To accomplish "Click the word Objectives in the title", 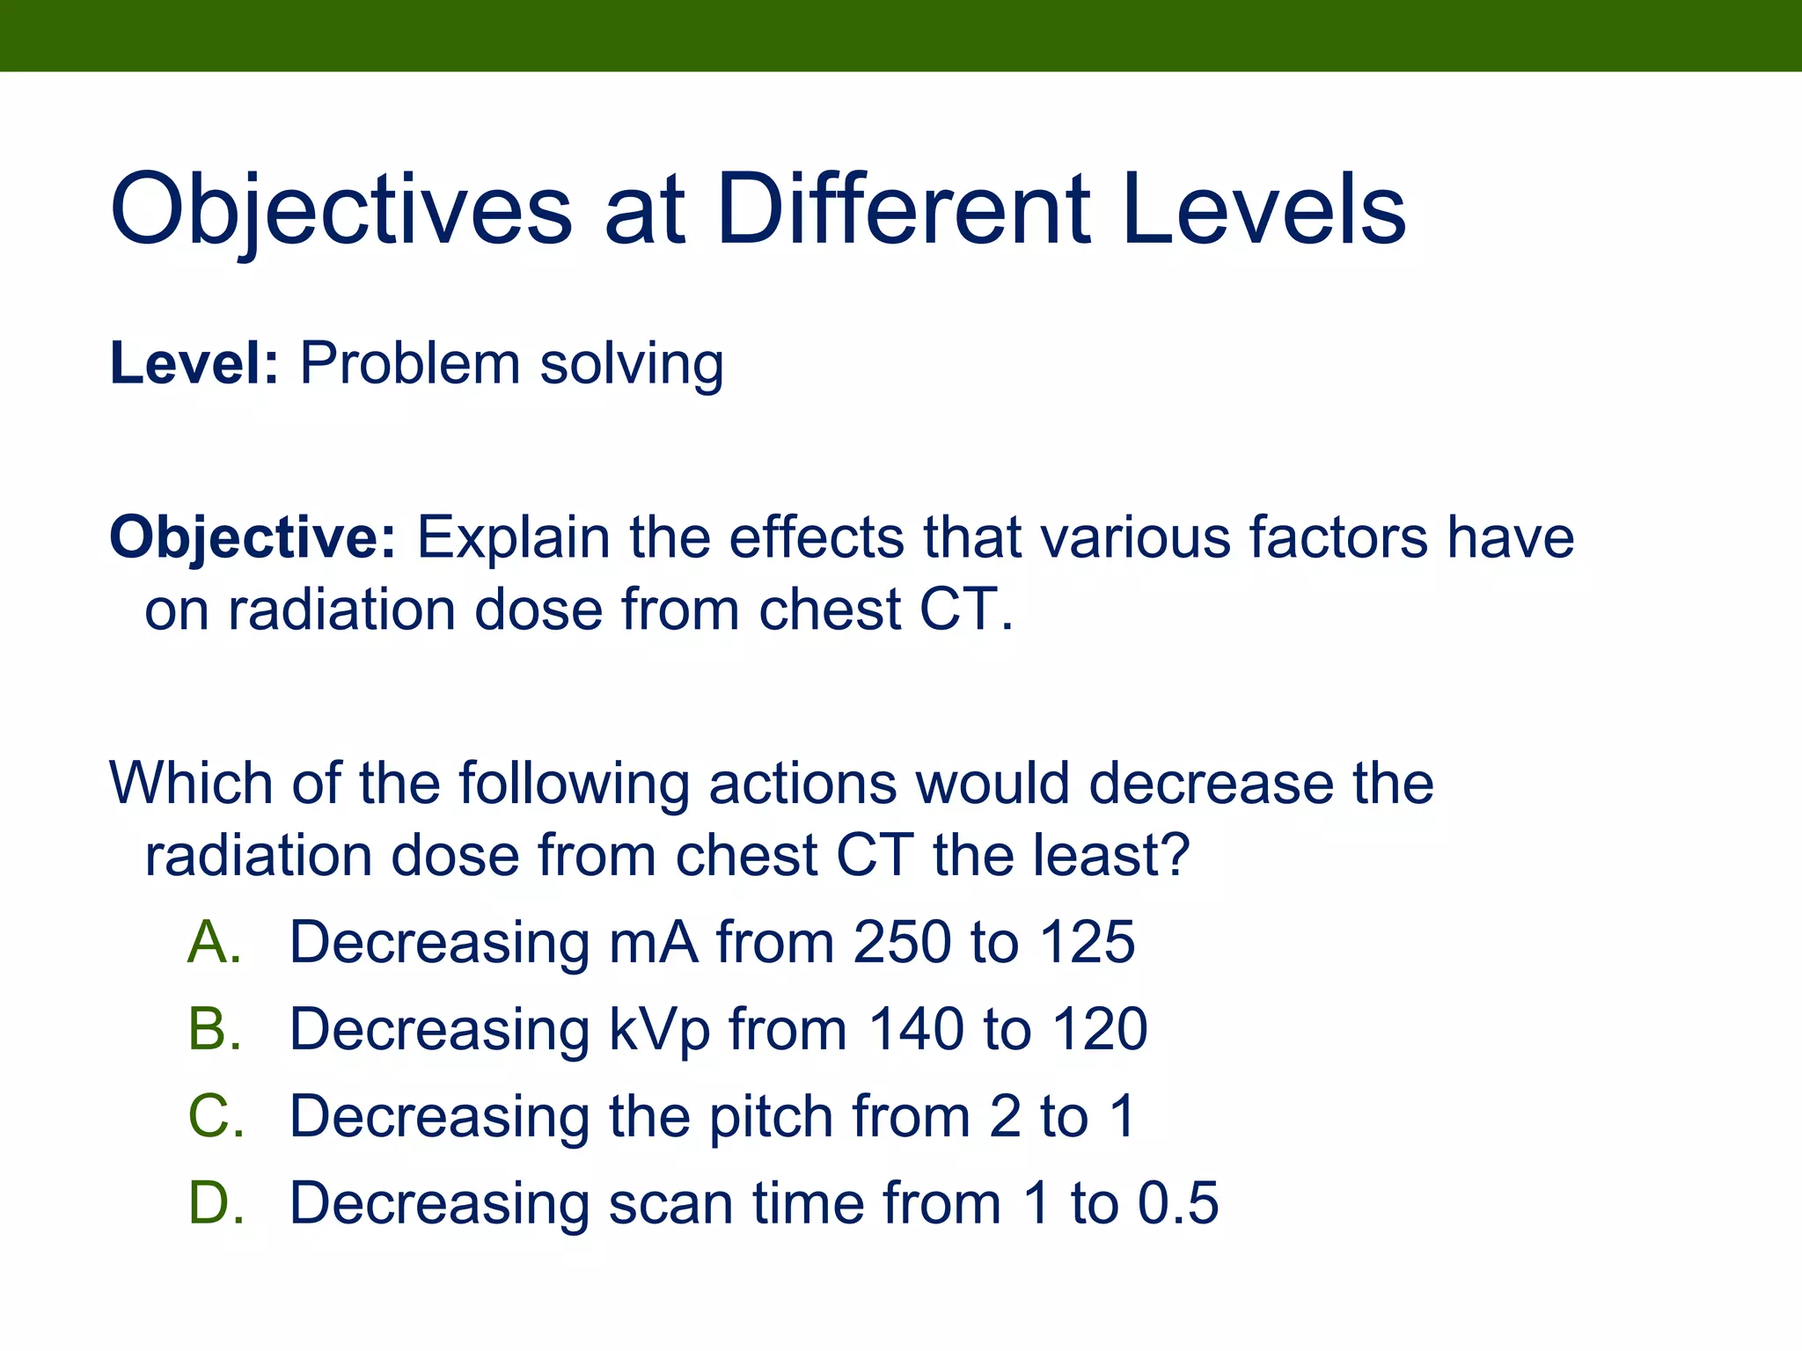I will (341, 211).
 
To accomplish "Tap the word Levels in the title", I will (1264, 211).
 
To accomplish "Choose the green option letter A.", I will (214, 942).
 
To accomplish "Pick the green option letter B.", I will (214, 1029).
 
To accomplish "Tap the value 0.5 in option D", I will (1178, 1203).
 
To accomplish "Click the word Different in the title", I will (904, 211).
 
